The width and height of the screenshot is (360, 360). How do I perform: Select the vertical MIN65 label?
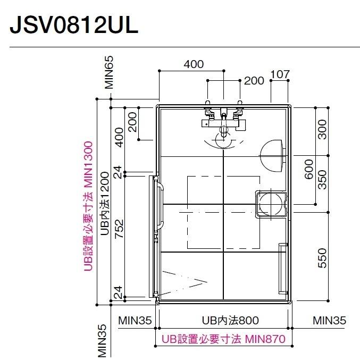point(109,73)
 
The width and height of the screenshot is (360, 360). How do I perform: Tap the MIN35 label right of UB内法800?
point(329,320)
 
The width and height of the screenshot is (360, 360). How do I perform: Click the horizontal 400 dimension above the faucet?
point(194,64)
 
